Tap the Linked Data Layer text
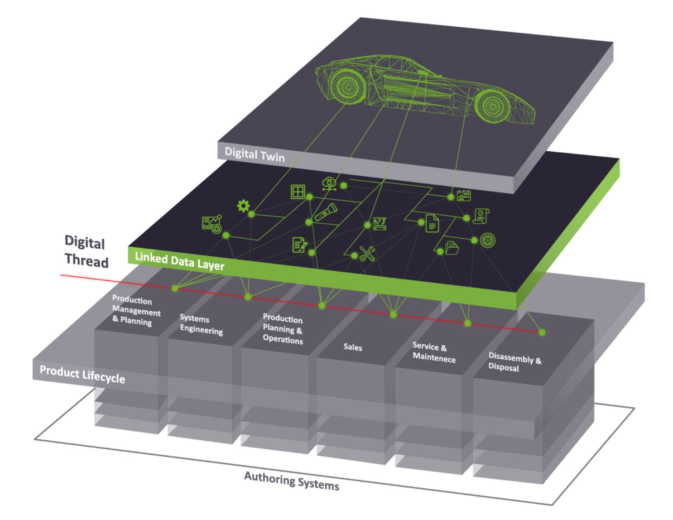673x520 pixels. (x=179, y=261)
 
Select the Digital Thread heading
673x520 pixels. (x=86, y=252)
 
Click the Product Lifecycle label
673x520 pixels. (x=82, y=375)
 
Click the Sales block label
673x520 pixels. (x=352, y=347)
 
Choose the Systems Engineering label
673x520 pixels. (x=201, y=324)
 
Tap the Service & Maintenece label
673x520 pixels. (x=433, y=352)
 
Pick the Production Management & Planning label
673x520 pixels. (x=135, y=311)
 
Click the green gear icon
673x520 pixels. (x=244, y=206)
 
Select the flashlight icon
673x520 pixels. (x=326, y=212)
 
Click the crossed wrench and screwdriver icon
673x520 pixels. (x=367, y=254)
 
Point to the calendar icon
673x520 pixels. (x=464, y=196)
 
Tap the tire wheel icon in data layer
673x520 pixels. (x=487, y=240)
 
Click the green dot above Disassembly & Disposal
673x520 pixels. (x=542, y=332)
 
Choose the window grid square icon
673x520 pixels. (x=298, y=192)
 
